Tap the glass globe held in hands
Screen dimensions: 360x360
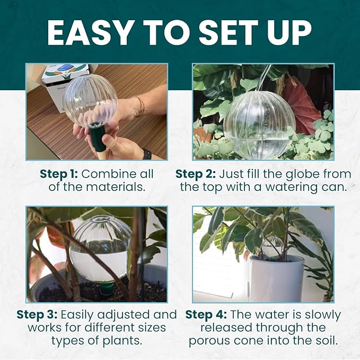coord(90,100)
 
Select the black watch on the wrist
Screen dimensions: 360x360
coord(147,154)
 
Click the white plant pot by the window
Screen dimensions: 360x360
coord(276,278)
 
